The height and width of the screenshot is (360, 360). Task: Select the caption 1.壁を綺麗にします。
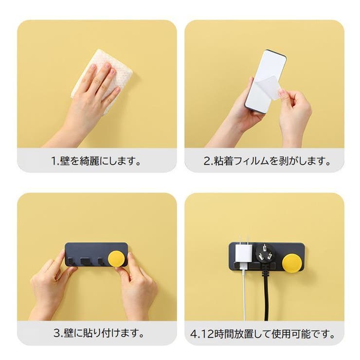tap(97, 161)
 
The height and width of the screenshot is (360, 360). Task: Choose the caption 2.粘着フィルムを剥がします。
tap(267, 161)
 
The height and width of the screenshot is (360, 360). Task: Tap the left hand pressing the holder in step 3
tap(49, 287)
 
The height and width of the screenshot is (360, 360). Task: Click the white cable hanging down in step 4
tap(244, 297)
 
